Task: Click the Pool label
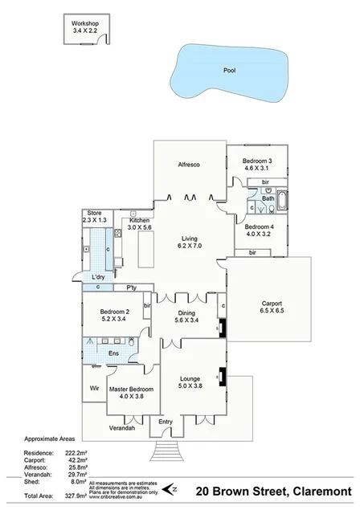230,71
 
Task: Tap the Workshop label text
84,24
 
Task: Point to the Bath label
268,198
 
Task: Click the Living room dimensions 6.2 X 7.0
189,246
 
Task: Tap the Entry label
166,422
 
